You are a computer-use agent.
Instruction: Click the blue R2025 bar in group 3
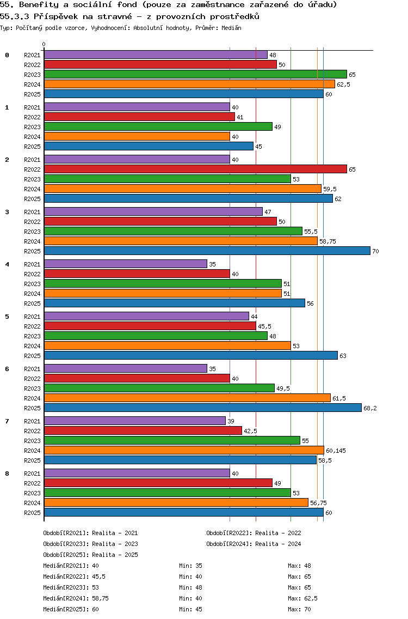coord(207,251)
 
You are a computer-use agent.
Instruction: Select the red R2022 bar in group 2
coord(195,169)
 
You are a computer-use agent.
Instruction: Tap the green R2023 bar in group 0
coord(195,74)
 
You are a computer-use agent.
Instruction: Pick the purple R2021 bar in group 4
coord(125,264)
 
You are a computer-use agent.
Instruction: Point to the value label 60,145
coord(336,451)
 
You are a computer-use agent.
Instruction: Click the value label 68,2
coord(370,408)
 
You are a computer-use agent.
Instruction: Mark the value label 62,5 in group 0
coord(343,84)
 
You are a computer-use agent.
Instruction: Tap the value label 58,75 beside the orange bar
coord(327,241)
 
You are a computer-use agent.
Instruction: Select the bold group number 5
coord(7,317)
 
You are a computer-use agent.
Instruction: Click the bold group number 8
coord(7,474)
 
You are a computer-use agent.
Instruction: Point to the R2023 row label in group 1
coord(32,127)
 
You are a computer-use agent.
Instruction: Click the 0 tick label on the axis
coord(44,45)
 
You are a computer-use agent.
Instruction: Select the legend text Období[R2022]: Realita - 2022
coord(254,533)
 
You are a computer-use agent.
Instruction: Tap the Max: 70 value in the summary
coord(299,609)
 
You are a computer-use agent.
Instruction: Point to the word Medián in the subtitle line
coord(231,28)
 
